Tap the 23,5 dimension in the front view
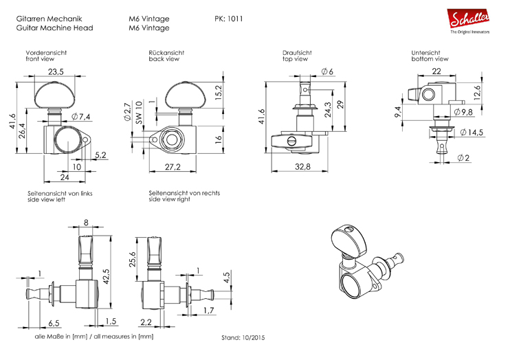(56, 72)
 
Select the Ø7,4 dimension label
(80, 116)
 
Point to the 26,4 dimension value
(22, 131)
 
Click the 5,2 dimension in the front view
(100, 155)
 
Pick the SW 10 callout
(139, 112)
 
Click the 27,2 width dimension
(173, 167)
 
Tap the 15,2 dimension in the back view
(219, 92)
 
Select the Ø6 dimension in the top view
(327, 71)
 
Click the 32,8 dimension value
(302, 166)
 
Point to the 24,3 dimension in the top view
(328, 109)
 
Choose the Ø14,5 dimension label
(472, 133)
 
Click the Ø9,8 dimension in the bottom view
(463, 112)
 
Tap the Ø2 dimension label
(463, 158)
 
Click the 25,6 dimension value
(133, 259)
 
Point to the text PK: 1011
(229, 19)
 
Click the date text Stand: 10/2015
(243, 338)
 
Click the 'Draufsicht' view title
(297, 53)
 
